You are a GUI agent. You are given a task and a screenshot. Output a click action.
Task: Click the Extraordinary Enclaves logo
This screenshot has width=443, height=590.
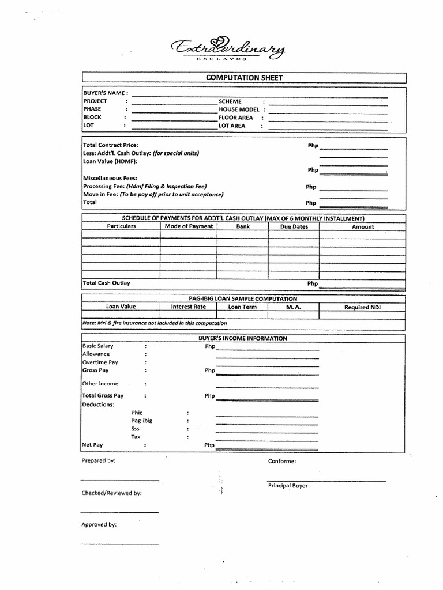(x=228, y=49)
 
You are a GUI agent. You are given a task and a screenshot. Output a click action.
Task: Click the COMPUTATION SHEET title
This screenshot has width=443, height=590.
(x=245, y=78)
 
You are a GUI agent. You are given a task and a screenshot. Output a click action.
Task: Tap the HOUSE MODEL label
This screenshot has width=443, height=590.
(x=239, y=109)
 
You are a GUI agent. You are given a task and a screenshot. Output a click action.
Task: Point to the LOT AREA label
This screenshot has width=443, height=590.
(x=232, y=125)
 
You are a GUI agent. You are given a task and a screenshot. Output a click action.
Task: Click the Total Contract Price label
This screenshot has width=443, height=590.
(x=111, y=145)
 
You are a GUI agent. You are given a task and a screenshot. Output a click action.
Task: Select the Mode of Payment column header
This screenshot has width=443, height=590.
(x=189, y=226)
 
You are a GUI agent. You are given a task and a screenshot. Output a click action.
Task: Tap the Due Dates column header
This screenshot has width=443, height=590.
(x=294, y=226)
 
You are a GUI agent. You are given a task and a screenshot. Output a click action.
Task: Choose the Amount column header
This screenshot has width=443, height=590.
(x=363, y=226)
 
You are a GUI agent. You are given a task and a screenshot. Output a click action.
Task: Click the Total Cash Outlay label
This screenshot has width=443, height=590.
(x=107, y=283)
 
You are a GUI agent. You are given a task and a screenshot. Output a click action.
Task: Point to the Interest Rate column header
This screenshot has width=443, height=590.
(x=188, y=307)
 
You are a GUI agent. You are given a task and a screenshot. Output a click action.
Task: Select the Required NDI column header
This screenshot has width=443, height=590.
(x=362, y=307)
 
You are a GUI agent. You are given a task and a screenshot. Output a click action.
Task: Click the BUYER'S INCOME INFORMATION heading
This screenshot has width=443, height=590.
(x=243, y=338)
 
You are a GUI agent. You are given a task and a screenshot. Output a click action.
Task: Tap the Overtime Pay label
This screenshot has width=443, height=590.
(x=100, y=362)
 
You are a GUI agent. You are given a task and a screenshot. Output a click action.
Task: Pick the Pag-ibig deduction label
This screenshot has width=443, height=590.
(x=142, y=421)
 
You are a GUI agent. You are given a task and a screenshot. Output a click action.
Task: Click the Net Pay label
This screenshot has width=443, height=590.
(x=92, y=445)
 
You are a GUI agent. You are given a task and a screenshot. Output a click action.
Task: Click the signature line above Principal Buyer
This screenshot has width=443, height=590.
(x=326, y=480)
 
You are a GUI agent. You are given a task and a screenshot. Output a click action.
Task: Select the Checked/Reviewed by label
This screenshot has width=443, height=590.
(x=111, y=493)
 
